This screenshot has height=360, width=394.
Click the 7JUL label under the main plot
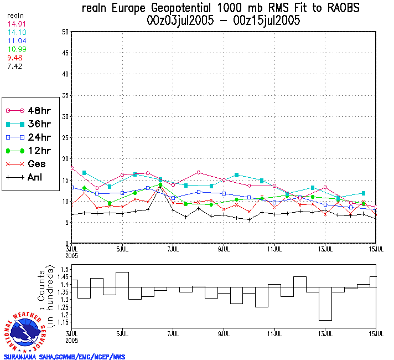pyautogui.click(x=173, y=250)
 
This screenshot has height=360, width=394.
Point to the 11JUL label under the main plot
pyautogui.click(x=274, y=250)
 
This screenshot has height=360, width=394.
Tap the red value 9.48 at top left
pyautogui.click(x=14, y=57)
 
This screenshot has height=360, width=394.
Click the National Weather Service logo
pyautogui.click(x=25, y=332)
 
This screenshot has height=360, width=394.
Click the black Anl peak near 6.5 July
pyautogui.click(x=160, y=187)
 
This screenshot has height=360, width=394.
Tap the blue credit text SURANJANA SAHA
pyautogui.click(x=28, y=357)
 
